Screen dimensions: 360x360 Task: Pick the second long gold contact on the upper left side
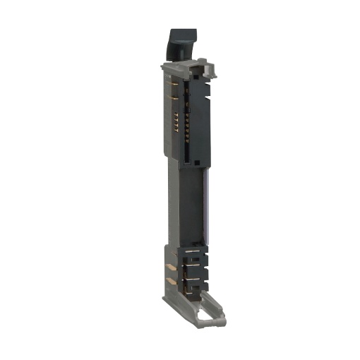(x=172, y=98)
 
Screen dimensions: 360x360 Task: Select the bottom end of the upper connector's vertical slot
(x=188, y=162)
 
